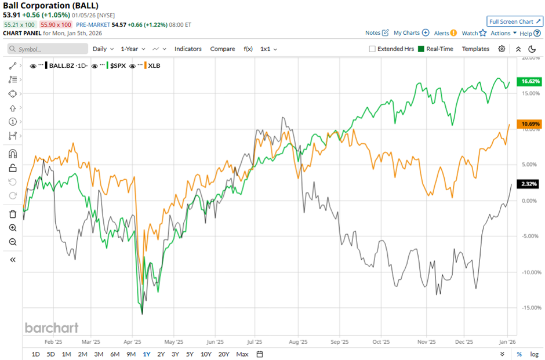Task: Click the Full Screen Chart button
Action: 515,21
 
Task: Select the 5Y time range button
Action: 190,354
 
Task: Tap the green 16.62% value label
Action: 531,81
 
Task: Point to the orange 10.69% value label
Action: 531,124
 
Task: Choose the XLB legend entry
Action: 154,66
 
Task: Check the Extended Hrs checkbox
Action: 372,49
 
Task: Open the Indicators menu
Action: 188,49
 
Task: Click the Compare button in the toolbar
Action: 223,49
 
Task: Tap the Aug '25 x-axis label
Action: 299,342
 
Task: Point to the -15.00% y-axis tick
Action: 531,308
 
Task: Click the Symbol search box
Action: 48,49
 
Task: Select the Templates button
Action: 475,49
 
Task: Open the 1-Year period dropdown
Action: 133,49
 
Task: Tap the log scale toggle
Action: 533,354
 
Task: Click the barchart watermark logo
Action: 51,328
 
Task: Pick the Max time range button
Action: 242,354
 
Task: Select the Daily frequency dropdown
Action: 103,49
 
